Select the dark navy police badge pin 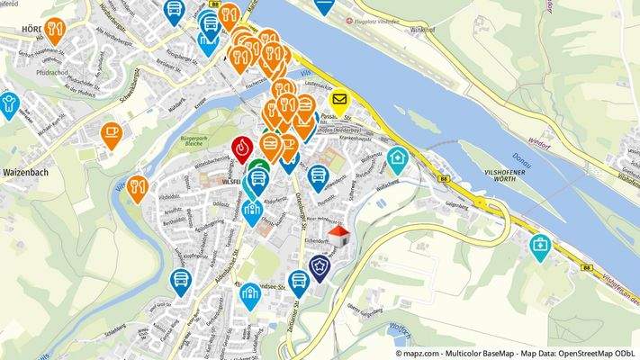319,266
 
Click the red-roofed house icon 338,237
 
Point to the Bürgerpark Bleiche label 190,141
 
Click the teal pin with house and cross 397,158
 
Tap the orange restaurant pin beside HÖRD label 54,30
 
